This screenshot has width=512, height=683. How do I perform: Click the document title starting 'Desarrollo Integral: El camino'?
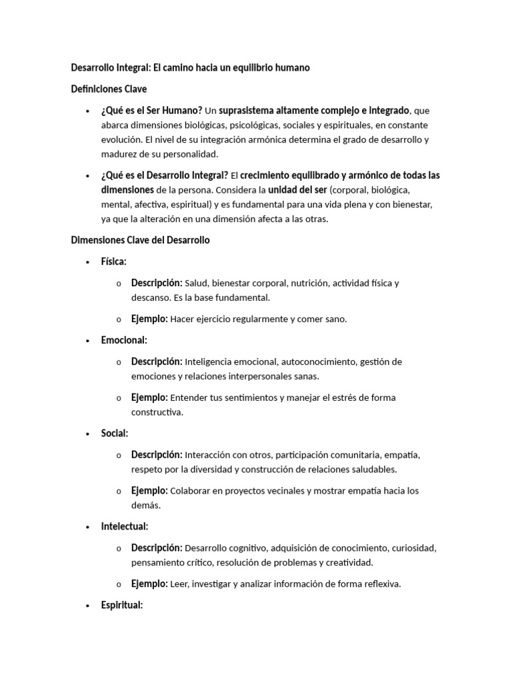pyautogui.click(x=190, y=68)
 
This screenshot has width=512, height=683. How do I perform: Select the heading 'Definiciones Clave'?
pyautogui.click(x=109, y=89)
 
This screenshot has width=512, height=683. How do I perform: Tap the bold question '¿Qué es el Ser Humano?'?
pyautogui.click(x=151, y=110)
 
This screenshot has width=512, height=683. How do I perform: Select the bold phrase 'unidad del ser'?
pyautogui.click(x=297, y=189)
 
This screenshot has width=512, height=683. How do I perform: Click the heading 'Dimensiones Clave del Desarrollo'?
pyautogui.click(x=140, y=240)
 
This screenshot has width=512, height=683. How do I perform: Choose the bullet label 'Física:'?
pyautogui.click(x=113, y=261)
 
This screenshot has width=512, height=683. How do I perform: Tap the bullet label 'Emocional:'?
pyautogui.click(x=124, y=340)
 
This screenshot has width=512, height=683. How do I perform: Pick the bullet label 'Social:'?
pyautogui.click(x=115, y=434)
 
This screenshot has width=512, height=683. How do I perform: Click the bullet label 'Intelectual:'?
pyautogui.click(x=125, y=526)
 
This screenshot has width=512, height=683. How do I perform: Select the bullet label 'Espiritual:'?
pyautogui.click(x=122, y=606)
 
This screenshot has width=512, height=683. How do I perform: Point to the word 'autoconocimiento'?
pyautogui.click(x=319, y=362)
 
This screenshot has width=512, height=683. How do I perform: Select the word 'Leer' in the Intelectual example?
pyautogui.click(x=179, y=584)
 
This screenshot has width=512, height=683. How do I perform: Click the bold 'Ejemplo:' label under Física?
pyautogui.click(x=149, y=319)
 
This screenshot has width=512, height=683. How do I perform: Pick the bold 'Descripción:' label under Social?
pyautogui.click(x=157, y=455)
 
